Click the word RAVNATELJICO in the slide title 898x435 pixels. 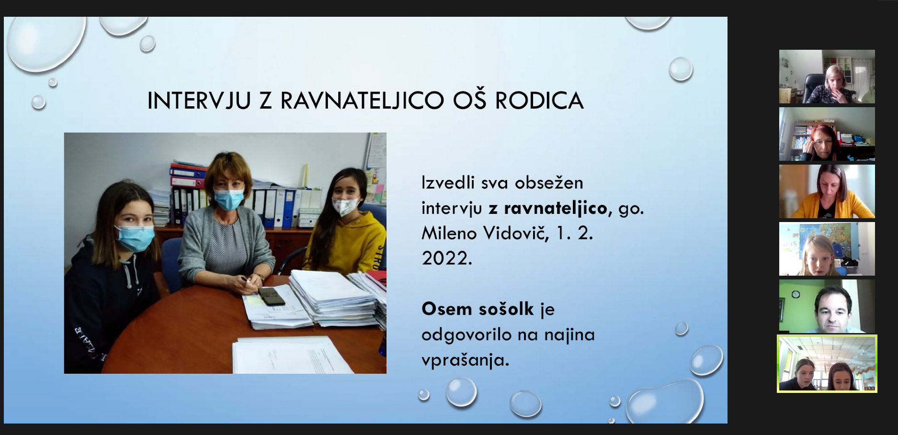[362, 100]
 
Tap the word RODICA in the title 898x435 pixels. [539, 100]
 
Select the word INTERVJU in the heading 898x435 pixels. [199, 100]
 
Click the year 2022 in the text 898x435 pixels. [447, 258]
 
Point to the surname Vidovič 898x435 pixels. [516, 233]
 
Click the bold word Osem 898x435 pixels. [447, 309]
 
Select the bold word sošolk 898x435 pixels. [506, 309]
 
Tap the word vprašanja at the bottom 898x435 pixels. [465, 360]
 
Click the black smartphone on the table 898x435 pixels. [271, 296]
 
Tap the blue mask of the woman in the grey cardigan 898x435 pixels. [228, 199]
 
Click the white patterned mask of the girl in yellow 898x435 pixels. [346, 206]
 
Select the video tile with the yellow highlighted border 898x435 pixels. [827, 364]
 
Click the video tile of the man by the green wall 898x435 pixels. [827, 306]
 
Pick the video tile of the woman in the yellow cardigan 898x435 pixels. [827, 191]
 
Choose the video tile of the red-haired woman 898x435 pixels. [827, 134]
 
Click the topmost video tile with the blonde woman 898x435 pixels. [827, 77]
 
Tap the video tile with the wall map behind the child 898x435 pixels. [827, 249]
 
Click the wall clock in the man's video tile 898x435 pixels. [796, 294]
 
